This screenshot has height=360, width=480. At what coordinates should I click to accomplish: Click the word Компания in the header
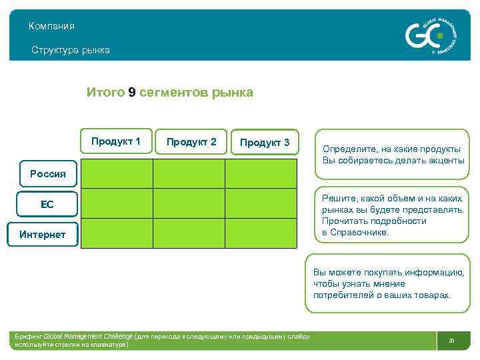[51, 26]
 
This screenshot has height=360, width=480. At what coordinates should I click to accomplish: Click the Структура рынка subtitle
[71, 50]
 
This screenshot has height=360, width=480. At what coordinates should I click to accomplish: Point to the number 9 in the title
[132, 93]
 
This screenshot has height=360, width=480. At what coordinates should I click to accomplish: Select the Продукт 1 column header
[116, 141]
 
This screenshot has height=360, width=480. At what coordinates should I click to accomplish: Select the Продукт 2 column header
[191, 142]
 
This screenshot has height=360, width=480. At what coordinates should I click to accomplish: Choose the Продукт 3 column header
[265, 143]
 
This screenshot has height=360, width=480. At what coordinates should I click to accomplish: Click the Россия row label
[48, 174]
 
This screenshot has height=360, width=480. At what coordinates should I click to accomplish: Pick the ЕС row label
[47, 205]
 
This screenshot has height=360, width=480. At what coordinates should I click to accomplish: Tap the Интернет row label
[43, 235]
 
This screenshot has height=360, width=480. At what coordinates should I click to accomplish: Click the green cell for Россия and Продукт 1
[117, 173]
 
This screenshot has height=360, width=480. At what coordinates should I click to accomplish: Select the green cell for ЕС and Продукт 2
[189, 203]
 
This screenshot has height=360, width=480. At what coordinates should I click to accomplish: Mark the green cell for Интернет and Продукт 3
[261, 233]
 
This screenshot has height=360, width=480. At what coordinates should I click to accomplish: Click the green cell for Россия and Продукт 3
[261, 173]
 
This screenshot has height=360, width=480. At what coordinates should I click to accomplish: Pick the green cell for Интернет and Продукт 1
[117, 233]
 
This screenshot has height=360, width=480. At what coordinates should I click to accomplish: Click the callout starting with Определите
[393, 155]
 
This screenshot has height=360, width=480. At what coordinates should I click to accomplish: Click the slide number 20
[451, 341]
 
